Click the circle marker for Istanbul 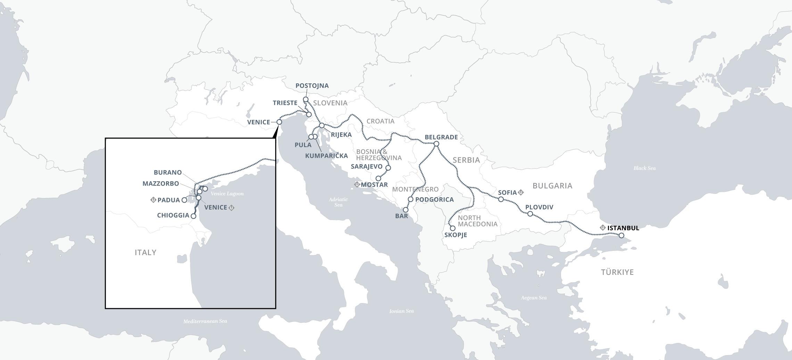[x=621, y=236]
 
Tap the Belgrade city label [x=441, y=137]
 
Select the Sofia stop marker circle [x=501, y=199]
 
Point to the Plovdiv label [x=539, y=207]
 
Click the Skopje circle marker [x=453, y=228]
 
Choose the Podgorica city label [x=434, y=200]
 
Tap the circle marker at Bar [x=405, y=210]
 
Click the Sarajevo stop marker [x=388, y=168]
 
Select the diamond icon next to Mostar [x=357, y=184]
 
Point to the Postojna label [x=312, y=86]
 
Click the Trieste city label [x=285, y=103]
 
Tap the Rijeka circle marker [x=322, y=125]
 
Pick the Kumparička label [x=326, y=156]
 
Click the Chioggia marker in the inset [x=193, y=216]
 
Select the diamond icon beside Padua [x=153, y=200]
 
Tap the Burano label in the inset [x=168, y=173]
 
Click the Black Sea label [x=644, y=168]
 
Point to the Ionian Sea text [x=401, y=311]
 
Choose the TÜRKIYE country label [x=617, y=272]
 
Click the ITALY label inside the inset [x=146, y=253]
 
